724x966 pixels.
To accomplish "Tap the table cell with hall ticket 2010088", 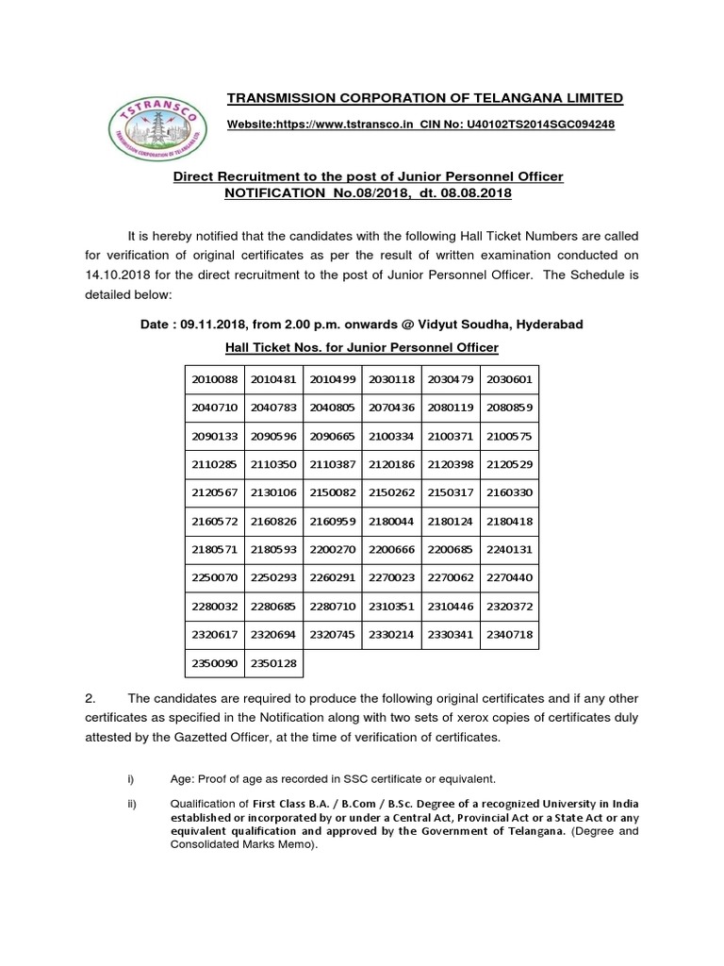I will point(214,379).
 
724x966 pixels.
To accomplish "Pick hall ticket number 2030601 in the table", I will point(509,379).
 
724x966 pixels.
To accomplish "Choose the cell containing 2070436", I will point(391,412).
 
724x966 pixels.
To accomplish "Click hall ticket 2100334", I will point(391,438).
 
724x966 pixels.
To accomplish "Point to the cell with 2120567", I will point(214,491).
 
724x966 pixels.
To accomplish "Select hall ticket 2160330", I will point(509,491).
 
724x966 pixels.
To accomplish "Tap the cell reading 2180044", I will point(391,520).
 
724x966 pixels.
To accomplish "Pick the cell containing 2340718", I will point(509,636).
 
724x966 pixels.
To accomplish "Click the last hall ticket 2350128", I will point(273,663).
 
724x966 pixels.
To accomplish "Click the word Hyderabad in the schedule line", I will point(549,325).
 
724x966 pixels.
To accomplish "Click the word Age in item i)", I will point(181,778).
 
